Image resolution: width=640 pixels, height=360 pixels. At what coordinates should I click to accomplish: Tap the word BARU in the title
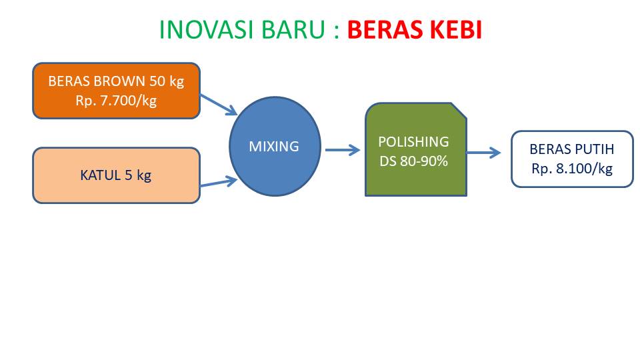(293, 30)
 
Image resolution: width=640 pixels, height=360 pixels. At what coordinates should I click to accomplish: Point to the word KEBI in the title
(455, 30)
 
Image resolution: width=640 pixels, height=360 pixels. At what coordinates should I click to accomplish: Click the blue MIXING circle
(275, 146)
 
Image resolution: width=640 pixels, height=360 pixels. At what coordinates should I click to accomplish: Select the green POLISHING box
(416, 149)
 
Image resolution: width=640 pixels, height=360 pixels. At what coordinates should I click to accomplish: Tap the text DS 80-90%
(413, 161)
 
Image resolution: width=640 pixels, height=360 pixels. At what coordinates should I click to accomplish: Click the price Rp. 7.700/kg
(116, 101)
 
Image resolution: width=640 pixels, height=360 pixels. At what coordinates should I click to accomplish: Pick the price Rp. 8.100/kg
(572, 169)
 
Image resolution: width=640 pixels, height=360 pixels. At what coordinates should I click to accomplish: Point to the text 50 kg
(167, 81)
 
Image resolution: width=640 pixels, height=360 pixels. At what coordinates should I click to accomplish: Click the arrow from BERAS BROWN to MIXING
(219, 105)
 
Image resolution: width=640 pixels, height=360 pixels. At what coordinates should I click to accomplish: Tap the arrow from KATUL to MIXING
(219, 182)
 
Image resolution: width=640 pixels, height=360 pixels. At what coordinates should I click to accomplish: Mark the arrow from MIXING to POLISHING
(343, 150)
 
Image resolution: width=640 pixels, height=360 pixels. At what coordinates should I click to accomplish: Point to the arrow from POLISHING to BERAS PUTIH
(484, 153)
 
